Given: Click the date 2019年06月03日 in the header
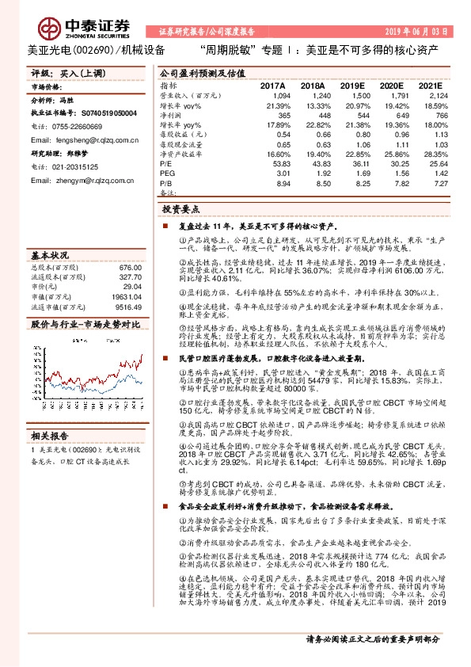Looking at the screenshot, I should click(x=416, y=33).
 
